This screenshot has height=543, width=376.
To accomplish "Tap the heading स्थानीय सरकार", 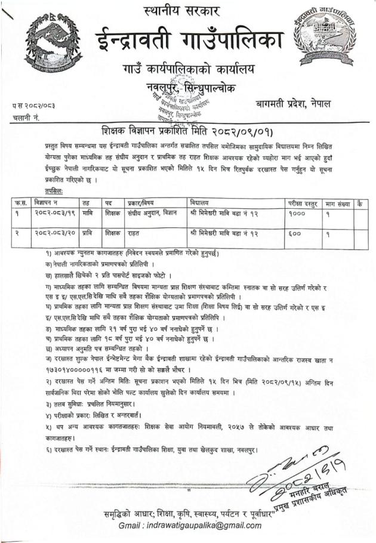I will click(x=181, y=11).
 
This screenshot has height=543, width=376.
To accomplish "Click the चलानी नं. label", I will click(x=26, y=118).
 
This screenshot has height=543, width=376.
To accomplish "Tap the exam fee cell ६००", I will click(x=294, y=234).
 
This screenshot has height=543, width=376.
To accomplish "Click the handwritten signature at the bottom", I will click(x=292, y=466).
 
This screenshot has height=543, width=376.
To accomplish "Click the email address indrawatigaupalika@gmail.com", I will click(x=190, y=526).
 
